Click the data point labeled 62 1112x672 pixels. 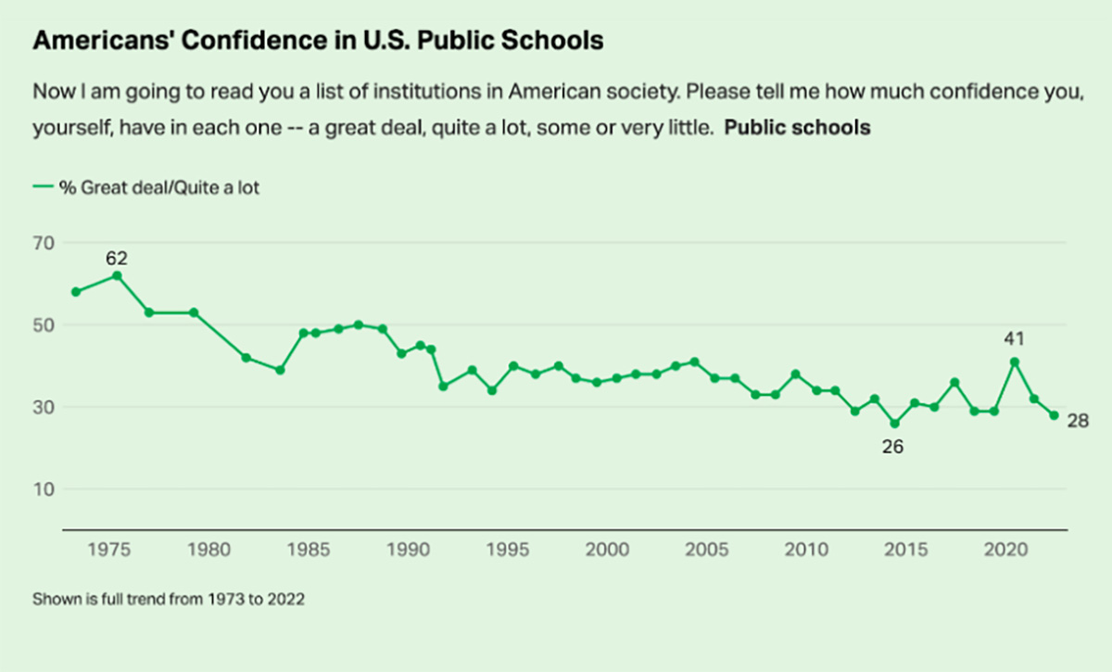(x=117, y=275)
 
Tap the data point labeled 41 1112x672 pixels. (x=1015, y=362)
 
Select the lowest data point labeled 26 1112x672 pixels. (x=894, y=424)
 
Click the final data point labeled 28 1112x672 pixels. (x=1054, y=415)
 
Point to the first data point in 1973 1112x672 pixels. (x=76, y=292)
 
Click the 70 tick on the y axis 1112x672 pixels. (x=44, y=244)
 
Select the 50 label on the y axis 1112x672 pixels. (x=44, y=326)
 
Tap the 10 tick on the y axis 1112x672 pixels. (x=44, y=489)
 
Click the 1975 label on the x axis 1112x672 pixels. (x=108, y=550)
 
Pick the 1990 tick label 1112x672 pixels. (x=408, y=550)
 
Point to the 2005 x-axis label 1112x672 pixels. (x=706, y=550)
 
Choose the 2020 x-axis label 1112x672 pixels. (x=1005, y=550)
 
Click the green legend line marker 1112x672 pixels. (x=43, y=186)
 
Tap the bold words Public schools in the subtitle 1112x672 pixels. (x=797, y=128)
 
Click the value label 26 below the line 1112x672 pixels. (x=892, y=447)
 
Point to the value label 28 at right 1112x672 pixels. (x=1079, y=421)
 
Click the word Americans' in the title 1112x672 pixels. (x=102, y=40)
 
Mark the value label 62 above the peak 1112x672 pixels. (x=117, y=259)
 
